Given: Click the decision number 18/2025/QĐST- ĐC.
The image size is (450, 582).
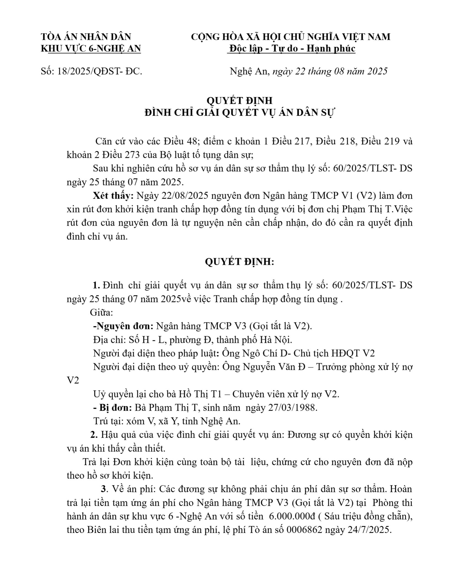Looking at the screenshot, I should coord(100,71).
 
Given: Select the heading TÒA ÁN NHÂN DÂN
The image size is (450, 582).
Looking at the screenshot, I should coord(86,37).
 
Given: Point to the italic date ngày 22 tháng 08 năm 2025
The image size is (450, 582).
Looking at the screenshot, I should coord(330,71).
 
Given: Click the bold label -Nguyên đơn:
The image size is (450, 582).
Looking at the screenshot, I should coord(123,326).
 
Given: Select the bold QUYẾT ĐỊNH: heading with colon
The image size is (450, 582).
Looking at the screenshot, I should coord(239,262).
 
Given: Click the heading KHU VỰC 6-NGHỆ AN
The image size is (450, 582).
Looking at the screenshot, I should coord(91,49).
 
